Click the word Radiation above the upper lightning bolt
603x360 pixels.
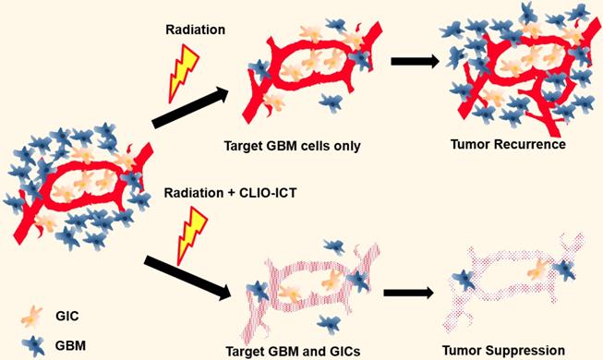196,30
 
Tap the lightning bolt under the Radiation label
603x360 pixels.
183,73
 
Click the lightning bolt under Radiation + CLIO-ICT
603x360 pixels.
191,235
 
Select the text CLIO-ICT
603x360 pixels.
268,192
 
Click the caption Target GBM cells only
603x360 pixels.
293,146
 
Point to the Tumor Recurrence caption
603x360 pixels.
508,144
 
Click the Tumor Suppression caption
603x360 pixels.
503,351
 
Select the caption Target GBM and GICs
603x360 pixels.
293,352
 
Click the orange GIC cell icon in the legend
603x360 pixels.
31,316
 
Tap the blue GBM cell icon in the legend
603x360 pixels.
34,345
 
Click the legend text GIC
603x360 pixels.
66,316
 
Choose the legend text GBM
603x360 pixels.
70,345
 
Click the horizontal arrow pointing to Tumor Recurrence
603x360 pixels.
415,61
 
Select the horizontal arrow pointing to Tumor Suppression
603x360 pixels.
409,294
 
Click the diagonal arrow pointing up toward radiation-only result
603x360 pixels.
190,107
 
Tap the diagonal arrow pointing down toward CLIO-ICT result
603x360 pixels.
187,278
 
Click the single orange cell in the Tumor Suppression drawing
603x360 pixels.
538,270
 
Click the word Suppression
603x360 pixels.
525,351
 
